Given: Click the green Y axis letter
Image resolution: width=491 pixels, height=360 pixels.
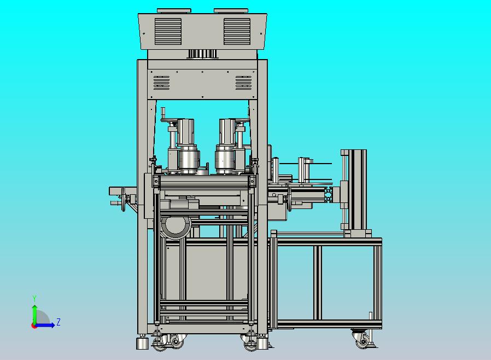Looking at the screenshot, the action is click(34, 298).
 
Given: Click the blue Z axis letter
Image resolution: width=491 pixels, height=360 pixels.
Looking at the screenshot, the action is click(59, 322).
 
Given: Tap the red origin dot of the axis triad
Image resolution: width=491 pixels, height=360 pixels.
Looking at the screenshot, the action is click(33, 326).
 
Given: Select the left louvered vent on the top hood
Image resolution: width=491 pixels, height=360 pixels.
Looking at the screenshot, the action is click(168, 31).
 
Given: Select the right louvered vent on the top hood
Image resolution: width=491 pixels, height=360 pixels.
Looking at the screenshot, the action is click(237, 31).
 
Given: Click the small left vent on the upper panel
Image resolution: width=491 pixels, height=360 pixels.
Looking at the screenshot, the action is click(162, 83).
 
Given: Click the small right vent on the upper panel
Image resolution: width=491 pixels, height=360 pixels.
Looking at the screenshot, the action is click(244, 83).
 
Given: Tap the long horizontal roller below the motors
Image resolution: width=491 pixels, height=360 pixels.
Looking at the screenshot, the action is click(204, 182).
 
